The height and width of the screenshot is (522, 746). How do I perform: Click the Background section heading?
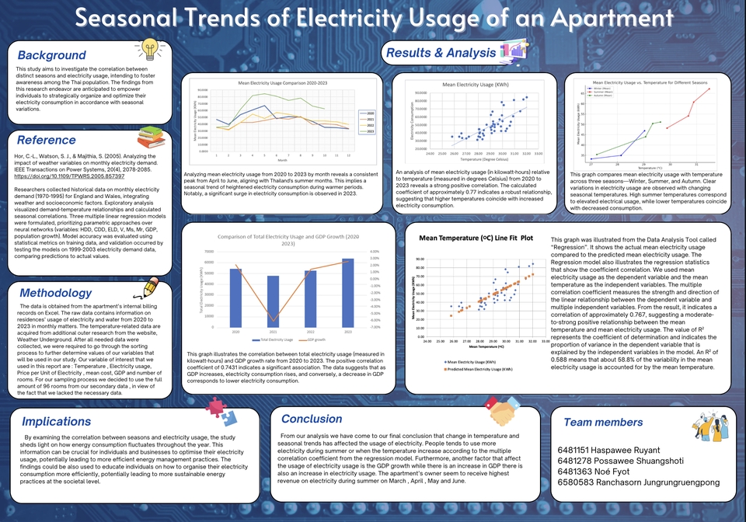(x=52, y=55)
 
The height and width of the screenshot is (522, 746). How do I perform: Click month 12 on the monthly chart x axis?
(x=348, y=156)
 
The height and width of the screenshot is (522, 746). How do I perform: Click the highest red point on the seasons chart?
(x=709, y=89)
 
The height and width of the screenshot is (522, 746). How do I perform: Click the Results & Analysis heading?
(x=443, y=53)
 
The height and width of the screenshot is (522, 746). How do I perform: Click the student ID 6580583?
(x=577, y=482)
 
